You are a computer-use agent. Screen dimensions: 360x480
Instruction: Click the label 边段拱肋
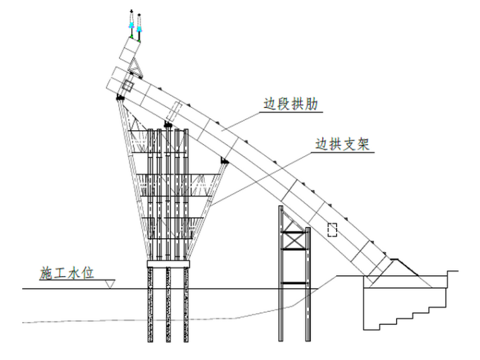coord(291,105)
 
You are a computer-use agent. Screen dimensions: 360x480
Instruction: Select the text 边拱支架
coord(342,144)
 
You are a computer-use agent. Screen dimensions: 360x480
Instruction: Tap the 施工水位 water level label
coord(67,273)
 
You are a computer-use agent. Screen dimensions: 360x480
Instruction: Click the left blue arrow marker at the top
coord(131,25)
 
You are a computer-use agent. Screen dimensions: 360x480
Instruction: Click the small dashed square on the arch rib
coord(332,229)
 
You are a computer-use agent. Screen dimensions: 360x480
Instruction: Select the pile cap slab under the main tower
coord(168,263)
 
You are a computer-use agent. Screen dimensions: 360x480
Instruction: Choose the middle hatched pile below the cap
coord(168,303)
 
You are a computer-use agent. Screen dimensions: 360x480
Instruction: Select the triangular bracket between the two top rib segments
coord(135,65)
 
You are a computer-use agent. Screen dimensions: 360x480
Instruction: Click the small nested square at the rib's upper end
coord(128,87)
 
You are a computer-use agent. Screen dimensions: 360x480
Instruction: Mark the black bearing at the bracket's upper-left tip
coord(119,98)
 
